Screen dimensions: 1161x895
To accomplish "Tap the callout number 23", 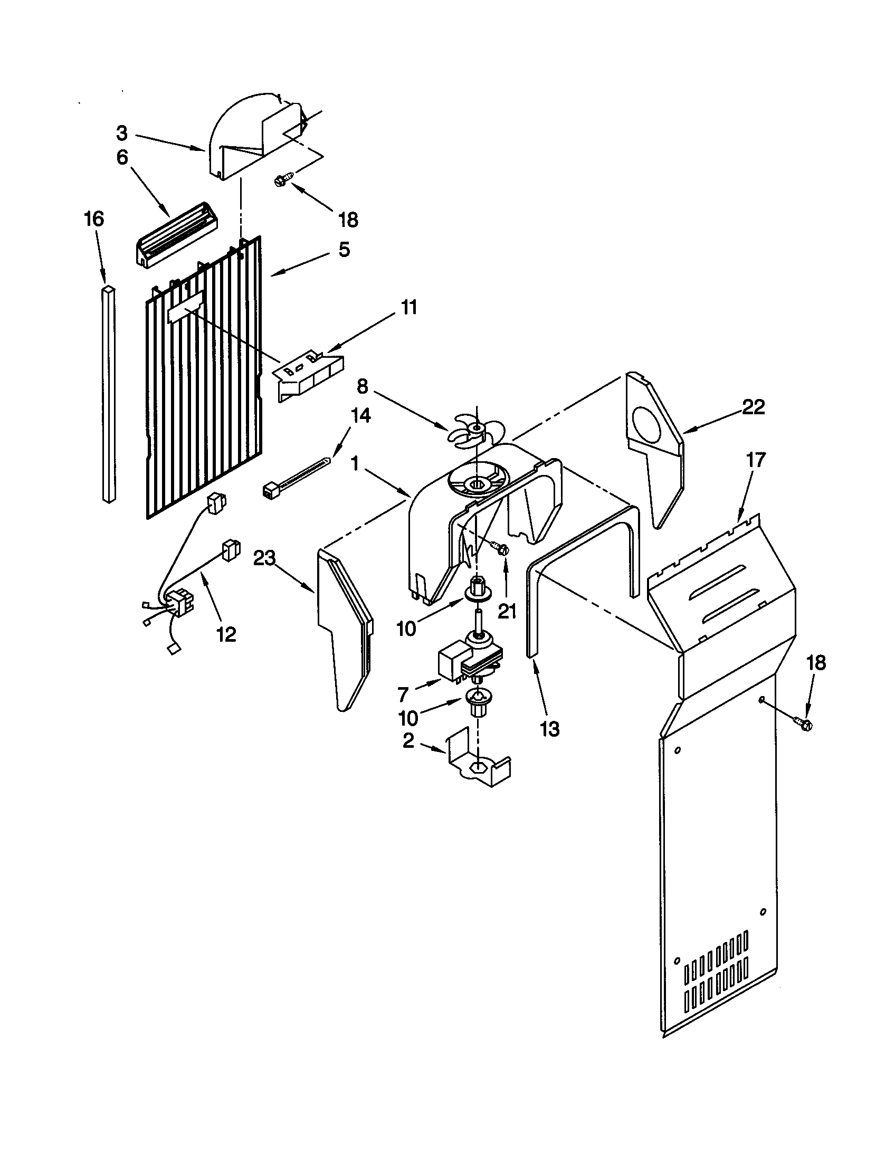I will pos(265,558).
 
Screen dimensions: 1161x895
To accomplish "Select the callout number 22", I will pos(753,407).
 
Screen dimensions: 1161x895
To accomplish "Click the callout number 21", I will pos(507,612).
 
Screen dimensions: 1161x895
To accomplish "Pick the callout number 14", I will pos(360,415).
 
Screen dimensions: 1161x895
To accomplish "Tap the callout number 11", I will pos(408,307).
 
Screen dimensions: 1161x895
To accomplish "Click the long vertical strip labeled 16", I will pos(109,393).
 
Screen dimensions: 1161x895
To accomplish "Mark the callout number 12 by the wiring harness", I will pos(226,634).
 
